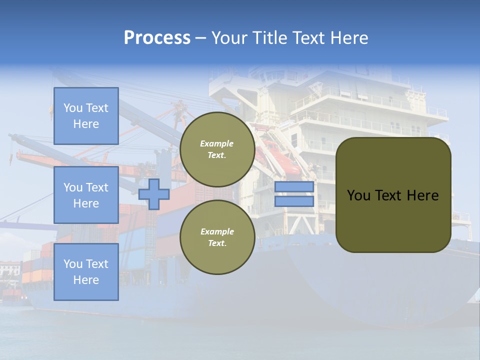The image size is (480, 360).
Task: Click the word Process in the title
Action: coord(157,38)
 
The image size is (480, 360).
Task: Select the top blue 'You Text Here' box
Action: coord(86,116)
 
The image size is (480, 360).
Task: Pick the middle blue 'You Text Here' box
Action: coord(86,195)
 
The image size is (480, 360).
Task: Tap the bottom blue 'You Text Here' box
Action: coord(86,271)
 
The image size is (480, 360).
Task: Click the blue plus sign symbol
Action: coord(154,194)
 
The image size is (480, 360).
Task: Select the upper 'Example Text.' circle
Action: coord(217,149)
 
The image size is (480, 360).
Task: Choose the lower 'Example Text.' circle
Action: coord(217,237)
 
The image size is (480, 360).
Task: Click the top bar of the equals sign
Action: coord(294,186)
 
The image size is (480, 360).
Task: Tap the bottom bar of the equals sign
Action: coord(294,201)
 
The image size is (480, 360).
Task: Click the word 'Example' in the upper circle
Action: coord(217,143)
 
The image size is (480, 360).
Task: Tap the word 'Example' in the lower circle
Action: coord(217,231)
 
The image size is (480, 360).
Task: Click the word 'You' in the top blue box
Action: coord(73,108)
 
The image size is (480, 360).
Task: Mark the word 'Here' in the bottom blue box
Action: coord(86,280)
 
